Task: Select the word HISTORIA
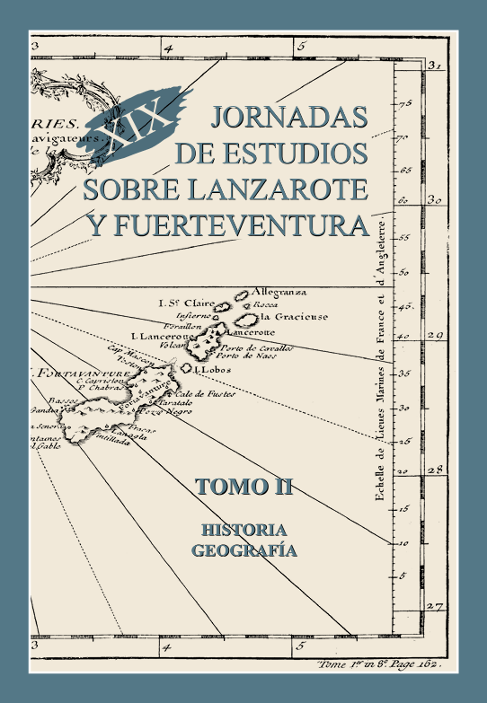[x=244, y=529]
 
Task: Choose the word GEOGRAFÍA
[x=243, y=550]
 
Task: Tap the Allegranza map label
[x=279, y=292]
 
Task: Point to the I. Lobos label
[x=213, y=368]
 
